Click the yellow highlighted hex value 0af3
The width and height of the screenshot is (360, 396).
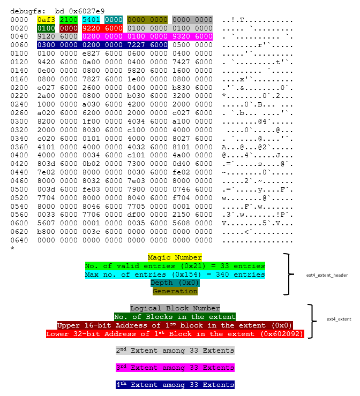point(46,20)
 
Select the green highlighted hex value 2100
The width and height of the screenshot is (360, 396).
point(69,20)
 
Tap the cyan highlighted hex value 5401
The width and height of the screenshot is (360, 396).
point(91,20)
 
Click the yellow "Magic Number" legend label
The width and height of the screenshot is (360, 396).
point(175,257)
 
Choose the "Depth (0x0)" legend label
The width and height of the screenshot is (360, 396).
point(175,283)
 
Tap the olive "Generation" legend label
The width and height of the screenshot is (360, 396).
point(175,292)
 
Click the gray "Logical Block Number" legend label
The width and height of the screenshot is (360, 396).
point(175,308)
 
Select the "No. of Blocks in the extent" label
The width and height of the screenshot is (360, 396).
point(175,317)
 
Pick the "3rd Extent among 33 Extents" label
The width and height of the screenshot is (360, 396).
point(175,368)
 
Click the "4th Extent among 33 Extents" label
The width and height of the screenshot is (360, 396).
point(175,385)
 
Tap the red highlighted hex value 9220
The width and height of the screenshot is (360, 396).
point(91,28)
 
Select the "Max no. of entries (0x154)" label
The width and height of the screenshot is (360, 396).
point(175,275)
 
